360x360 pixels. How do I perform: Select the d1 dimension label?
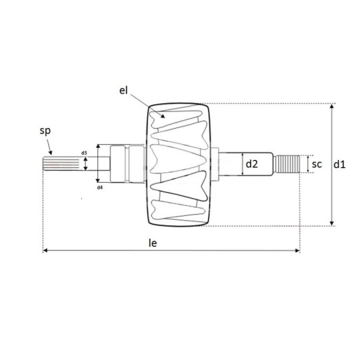point(341,163)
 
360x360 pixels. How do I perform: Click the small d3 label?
point(84,153)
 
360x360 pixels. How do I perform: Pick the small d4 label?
point(99,188)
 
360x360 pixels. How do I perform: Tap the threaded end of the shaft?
point(289,164)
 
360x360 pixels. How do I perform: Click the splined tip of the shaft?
point(59,164)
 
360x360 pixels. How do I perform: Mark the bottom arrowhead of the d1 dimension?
point(331,224)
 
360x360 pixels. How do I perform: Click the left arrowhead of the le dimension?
point(45,251)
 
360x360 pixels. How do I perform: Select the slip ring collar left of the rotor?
point(125,164)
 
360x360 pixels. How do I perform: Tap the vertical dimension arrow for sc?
point(307,164)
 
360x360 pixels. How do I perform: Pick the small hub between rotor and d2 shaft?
point(215,164)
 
